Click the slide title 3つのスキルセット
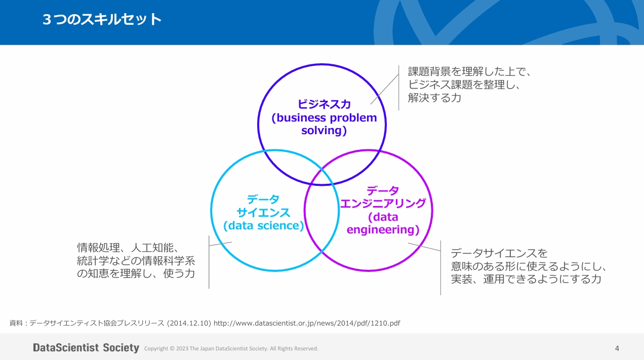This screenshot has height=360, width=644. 102,20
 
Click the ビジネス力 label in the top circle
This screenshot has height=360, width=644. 324,104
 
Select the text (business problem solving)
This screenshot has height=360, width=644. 324,124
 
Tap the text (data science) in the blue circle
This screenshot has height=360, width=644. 263,226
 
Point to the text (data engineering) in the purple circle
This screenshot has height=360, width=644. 383,223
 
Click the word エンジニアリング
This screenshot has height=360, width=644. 383,204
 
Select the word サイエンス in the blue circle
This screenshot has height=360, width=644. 263,212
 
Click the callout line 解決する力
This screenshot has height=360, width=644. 434,98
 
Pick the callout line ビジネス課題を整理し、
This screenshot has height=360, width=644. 465,85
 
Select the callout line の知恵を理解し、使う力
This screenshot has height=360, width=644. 136,274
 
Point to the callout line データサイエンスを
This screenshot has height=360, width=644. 499,253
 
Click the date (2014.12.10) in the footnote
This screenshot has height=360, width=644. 189,323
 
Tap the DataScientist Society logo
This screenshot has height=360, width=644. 86,348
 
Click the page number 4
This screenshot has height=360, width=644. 617,348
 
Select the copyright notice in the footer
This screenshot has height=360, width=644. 231,348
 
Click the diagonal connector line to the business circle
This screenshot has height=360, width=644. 384,89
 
